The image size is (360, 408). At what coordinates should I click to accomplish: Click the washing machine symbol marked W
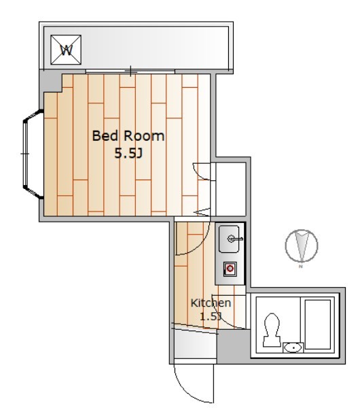coord(66,50)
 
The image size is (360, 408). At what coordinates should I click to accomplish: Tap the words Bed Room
coord(128,136)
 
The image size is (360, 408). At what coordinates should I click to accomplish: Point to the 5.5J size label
coord(128,154)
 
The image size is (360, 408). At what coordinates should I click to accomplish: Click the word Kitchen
coord(211,303)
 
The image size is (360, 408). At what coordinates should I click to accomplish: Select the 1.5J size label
coord(211,317)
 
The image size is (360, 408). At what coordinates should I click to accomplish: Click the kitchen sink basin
coord(229,239)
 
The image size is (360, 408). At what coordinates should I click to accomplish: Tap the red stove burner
coord(230,269)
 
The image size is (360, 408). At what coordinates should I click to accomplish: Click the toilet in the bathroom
coord(272,330)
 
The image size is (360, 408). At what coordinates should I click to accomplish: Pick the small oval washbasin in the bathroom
coord(293,347)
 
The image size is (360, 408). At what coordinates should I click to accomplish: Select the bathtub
coord(318,324)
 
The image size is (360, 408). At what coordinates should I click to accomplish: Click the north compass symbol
coord(302,246)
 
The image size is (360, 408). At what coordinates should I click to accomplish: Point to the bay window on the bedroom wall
coord(32,154)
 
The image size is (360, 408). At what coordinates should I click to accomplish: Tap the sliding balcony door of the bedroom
coord(130,71)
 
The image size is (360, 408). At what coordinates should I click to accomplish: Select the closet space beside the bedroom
coord(231,189)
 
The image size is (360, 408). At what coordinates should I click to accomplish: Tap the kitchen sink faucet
coord(235,239)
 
